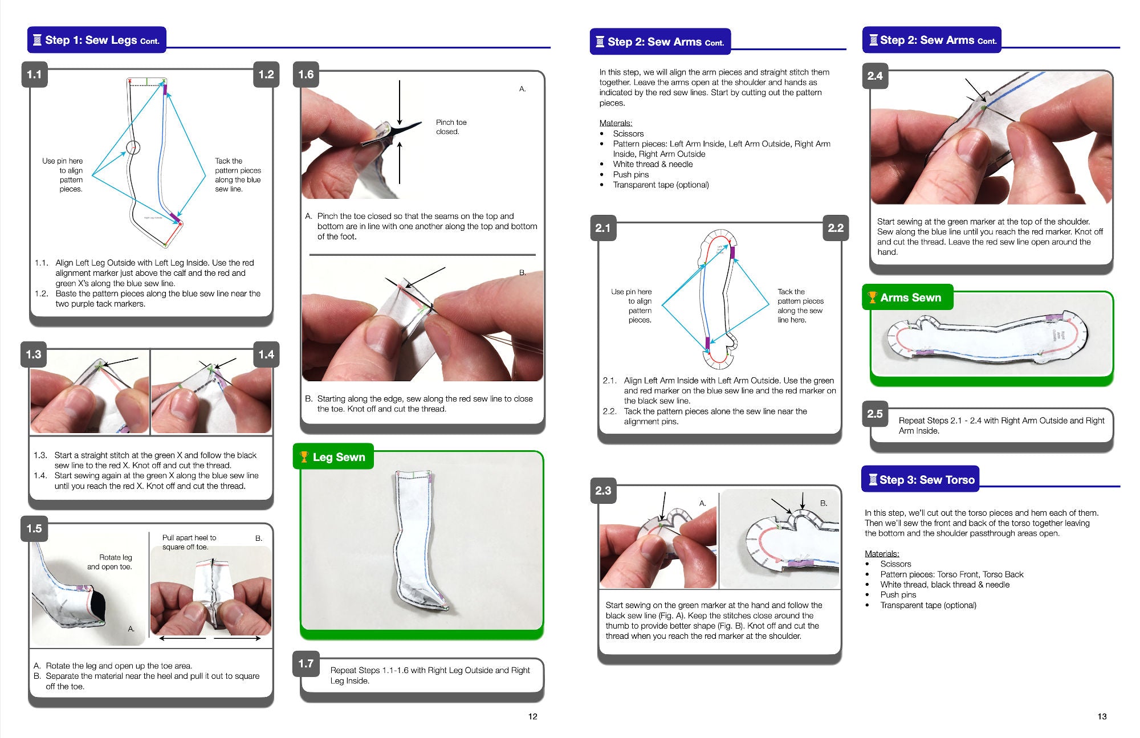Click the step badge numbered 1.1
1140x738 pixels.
(34, 75)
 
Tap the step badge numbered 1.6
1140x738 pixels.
(306, 75)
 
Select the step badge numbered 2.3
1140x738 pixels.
(603, 491)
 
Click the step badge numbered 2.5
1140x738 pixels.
(875, 414)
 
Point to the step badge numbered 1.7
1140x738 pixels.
(306, 664)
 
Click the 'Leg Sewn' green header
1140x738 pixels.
(339, 457)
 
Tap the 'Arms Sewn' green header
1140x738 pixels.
(910, 297)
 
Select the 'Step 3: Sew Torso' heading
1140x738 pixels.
(927, 480)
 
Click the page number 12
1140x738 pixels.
(532, 716)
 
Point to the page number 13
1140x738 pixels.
(1102, 716)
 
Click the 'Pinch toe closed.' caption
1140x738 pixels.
(451, 127)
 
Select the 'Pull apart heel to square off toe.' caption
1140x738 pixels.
(189, 542)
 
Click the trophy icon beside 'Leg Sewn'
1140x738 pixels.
(304, 457)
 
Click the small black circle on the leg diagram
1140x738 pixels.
(133, 148)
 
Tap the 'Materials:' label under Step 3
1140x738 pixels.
(882, 553)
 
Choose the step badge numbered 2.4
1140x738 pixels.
(875, 76)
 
